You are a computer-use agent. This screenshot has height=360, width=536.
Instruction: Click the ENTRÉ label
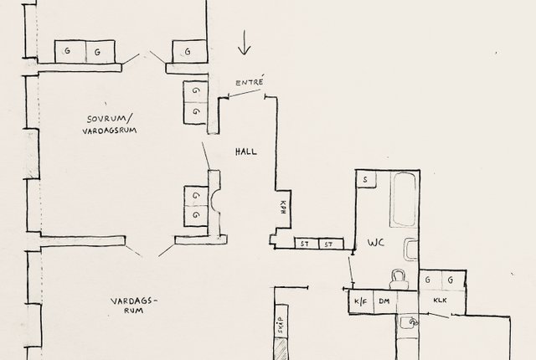pyautogui.click(x=250, y=82)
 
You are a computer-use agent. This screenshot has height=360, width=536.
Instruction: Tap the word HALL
pyautogui.click(x=246, y=152)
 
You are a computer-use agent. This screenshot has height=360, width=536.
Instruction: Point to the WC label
pyautogui.click(x=376, y=243)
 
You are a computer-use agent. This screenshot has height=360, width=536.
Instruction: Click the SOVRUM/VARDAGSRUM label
pyautogui.click(x=110, y=125)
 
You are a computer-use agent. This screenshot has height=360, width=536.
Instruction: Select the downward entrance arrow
pyautogui.click(x=244, y=43)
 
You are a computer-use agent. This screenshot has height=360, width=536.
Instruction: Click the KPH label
pyautogui.click(x=283, y=207)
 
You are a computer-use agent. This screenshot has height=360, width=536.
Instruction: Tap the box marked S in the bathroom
pyautogui.click(x=366, y=179)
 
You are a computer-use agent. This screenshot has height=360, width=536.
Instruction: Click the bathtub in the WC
pyautogui.click(x=404, y=199)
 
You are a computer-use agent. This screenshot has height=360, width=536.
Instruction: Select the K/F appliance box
pyautogui.click(x=361, y=301)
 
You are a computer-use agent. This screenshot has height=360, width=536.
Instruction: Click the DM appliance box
pyautogui.click(x=385, y=301)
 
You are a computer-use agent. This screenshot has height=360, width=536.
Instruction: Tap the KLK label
pyautogui.click(x=441, y=301)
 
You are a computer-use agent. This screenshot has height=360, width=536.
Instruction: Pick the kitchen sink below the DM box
pyautogui.click(x=408, y=327)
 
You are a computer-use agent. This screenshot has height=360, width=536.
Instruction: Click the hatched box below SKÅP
pyautogui.click(x=281, y=349)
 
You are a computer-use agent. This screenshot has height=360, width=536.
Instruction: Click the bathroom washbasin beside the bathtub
pyautogui.click(x=411, y=249)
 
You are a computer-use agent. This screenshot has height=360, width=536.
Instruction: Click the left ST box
pyautogui.click(x=305, y=244)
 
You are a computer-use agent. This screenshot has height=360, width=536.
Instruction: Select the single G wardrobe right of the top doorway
pyautogui.click(x=189, y=52)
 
